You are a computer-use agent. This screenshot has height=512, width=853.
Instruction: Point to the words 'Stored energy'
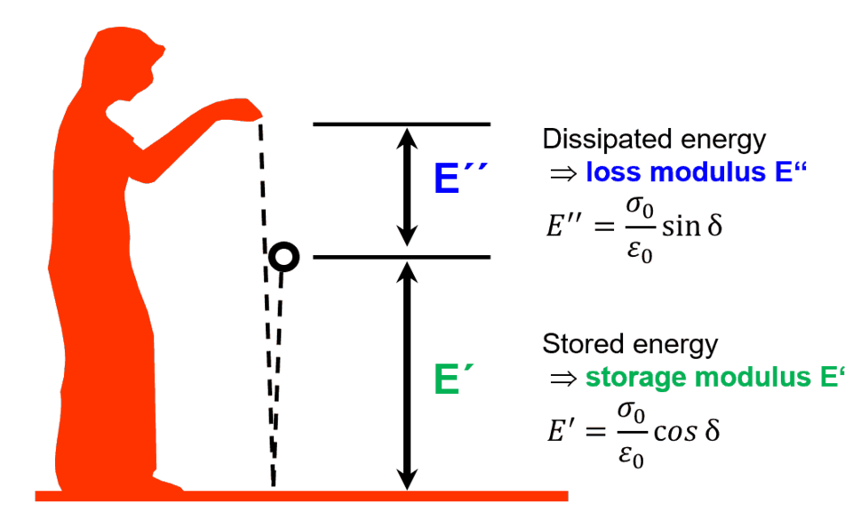pyautogui.click(x=630, y=344)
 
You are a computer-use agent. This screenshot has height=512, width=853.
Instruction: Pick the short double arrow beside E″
pyautogui.click(x=406, y=187)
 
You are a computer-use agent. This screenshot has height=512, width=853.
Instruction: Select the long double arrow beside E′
pyautogui.click(x=406, y=373)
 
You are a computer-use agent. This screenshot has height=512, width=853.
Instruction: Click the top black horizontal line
pyautogui.click(x=402, y=124)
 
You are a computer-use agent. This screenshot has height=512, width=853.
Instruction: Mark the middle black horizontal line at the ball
pyautogui.click(x=402, y=258)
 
